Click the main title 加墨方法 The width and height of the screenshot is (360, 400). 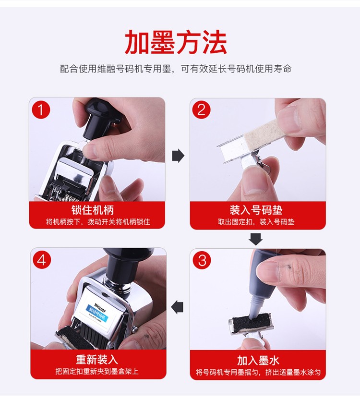pos(176,43)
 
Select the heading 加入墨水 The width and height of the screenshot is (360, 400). pos(258,360)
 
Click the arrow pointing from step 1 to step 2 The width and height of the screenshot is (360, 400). pos(178,156)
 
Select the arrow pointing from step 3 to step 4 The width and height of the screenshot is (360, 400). pos(178,306)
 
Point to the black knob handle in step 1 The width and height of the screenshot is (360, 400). pos(99,118)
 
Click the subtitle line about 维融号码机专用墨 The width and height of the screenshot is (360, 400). pos(176,69)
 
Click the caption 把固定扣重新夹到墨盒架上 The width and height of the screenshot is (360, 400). pos(97,371)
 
